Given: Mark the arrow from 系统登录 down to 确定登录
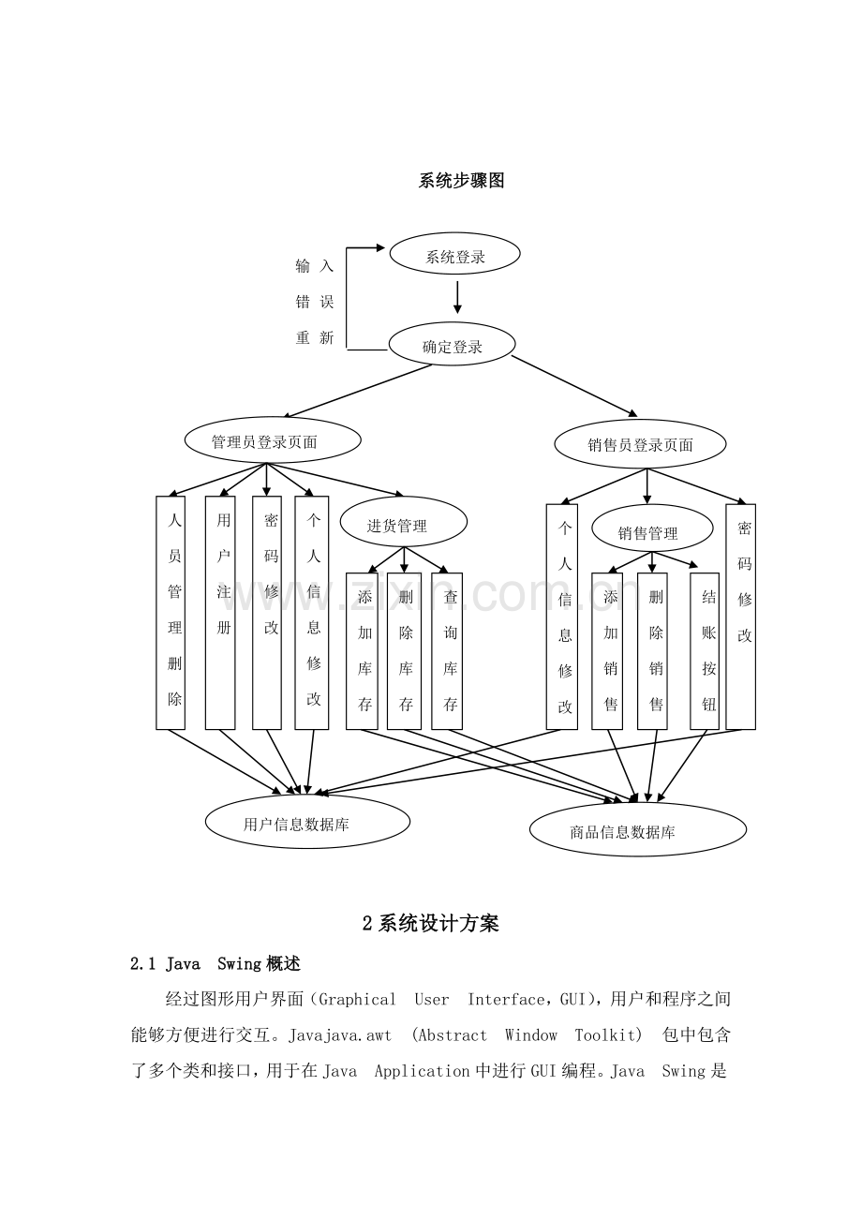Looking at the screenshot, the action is (457, 297).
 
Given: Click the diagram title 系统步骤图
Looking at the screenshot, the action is (461, 180).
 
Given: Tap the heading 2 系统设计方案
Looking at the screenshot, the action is (430, 923).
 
